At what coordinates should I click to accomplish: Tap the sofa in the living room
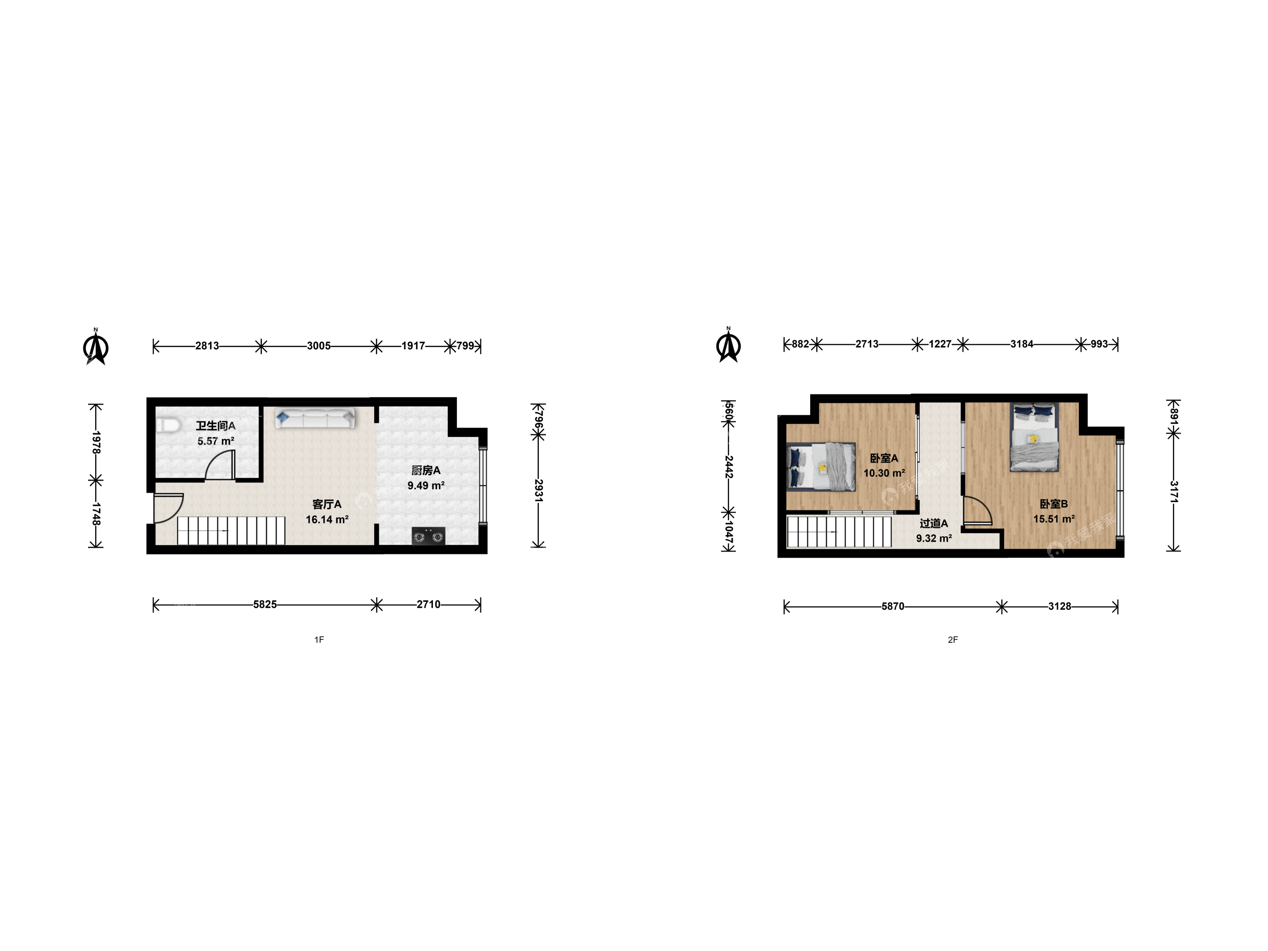click(315, 418)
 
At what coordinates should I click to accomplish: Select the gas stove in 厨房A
click(428, 536)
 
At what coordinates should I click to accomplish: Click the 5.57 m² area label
click(216, 442)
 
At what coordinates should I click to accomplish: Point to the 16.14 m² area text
click(327, 520)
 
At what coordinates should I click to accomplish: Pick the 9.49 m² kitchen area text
click(426, 486)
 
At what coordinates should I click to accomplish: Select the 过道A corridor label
click(934, 523)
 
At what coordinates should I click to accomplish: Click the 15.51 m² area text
click(1054, 520)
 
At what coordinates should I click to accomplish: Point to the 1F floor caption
click(319, 640)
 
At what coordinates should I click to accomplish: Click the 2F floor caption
click(953, 640)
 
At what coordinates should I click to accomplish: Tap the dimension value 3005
click(319, 346)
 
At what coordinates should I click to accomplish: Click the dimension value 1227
click(940, 344)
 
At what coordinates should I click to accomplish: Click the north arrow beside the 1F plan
click(96, 347)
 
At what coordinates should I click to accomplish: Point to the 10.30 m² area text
click(884, 473)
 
